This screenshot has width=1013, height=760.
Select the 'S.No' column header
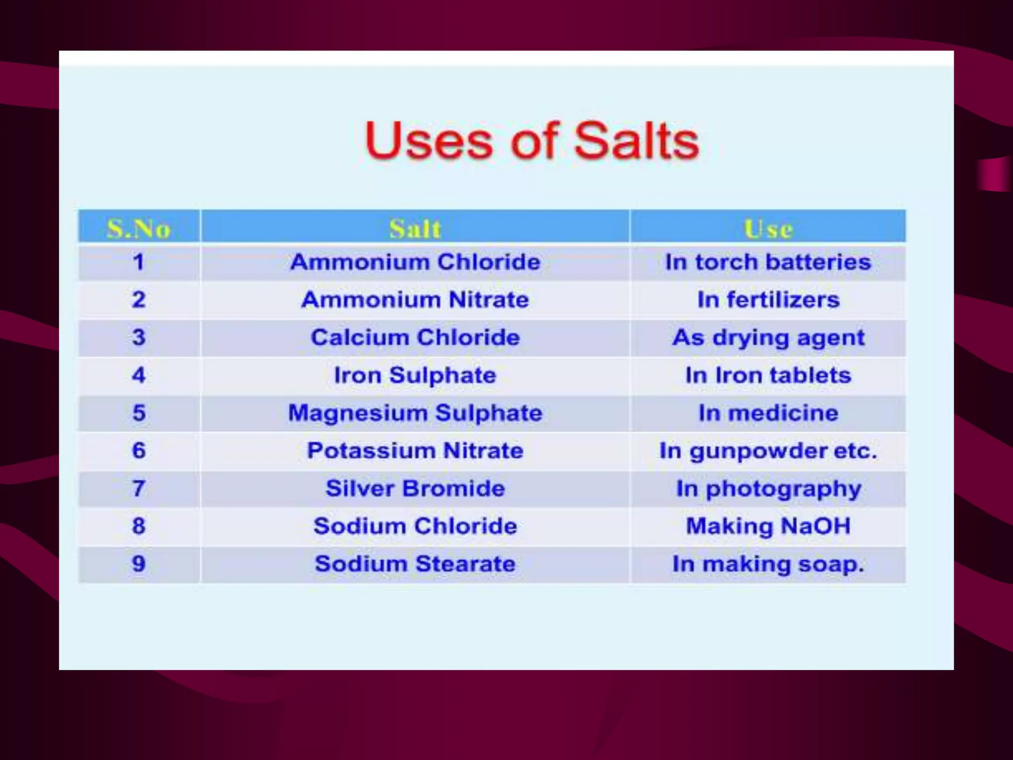[139, 229]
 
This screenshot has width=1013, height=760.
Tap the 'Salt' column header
[415, 229]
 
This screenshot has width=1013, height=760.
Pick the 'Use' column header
[768, 229]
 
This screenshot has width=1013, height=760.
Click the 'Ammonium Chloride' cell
[415, 262]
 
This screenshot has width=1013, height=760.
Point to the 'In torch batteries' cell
[768, 262]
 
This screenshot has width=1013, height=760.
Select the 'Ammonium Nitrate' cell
[415, 300]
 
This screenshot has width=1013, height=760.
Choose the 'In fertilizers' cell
[768, 300]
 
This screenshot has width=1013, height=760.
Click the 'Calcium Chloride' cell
[415, 338]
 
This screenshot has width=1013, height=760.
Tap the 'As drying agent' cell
[768, 338]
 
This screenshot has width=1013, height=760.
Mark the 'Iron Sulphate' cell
[415, 376]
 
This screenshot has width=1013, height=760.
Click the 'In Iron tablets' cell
[768, 376]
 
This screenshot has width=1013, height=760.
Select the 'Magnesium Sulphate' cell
[415, 413]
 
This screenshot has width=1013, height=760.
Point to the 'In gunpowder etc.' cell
[768, 451]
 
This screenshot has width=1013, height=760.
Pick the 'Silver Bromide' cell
[415, 489]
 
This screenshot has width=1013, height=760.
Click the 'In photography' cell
[768, 489]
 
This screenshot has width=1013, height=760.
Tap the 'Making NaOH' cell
[768, 526]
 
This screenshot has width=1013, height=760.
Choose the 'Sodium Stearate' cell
[415, 564]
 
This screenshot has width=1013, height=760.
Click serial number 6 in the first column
[139, 451]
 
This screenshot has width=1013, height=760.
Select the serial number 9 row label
[139, 564]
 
